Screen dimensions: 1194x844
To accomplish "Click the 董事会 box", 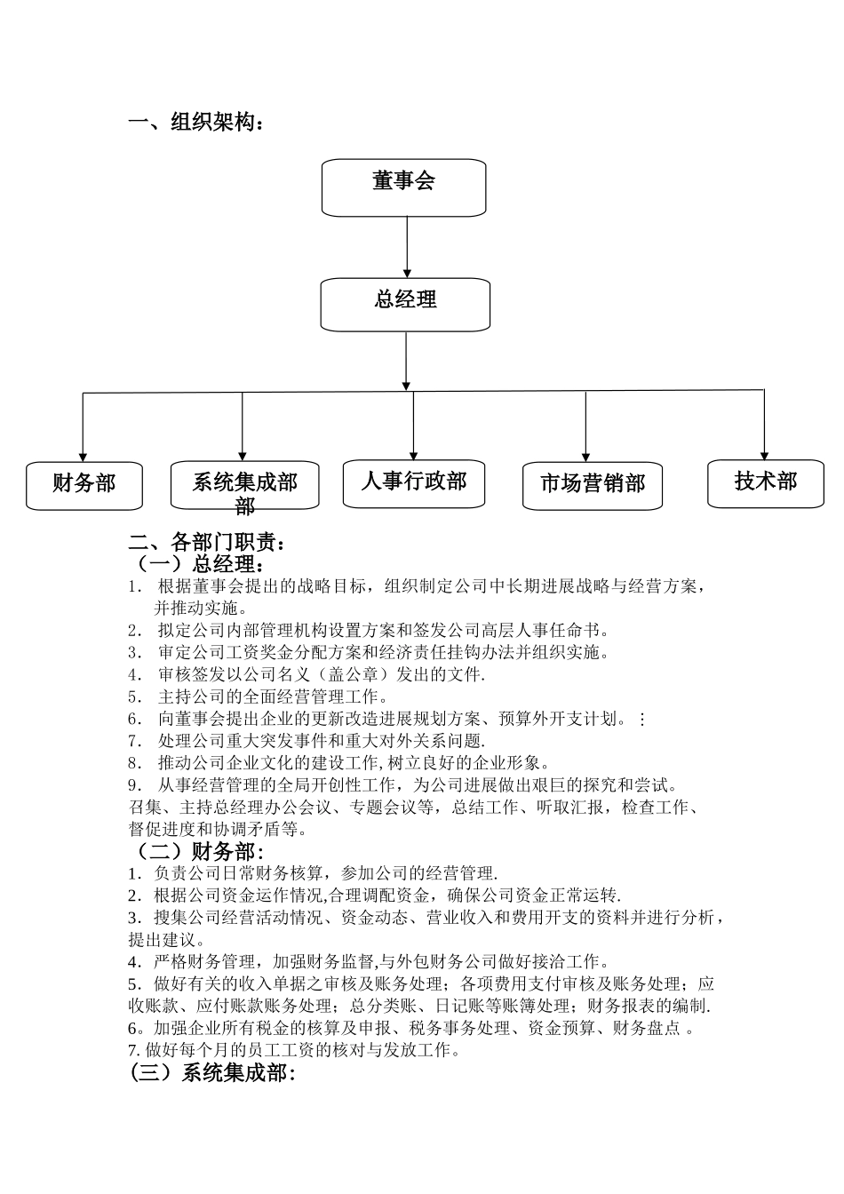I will pyautogui.click(x=403, y=187).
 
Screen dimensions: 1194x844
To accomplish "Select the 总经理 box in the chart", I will pyautogui.click(x=405, y=304).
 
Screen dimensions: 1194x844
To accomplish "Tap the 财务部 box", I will pyautogui.click(x=84, y=485).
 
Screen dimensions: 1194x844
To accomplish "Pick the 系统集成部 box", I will pyautogui.click(x=244, y=485).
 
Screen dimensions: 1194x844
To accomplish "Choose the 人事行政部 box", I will pyautogui.click(x=414, y=483).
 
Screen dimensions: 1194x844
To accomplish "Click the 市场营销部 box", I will pyautogui.click(x=593, y=485).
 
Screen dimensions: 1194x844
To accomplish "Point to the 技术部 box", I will pyautogui.click(x=766, y=482).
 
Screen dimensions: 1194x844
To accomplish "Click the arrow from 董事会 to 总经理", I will pyautogui.click(x=407, y=247).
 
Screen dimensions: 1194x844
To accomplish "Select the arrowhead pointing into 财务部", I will pyautogui.click(x=83, y=455).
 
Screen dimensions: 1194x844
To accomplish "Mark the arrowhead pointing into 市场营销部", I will pyautogui.click(x=585, y=456).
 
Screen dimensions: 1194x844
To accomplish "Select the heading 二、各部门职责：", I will pyautogui.click(x=208, y=542).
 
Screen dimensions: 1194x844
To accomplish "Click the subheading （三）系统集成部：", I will pyautogui.click(x=212, y=1073).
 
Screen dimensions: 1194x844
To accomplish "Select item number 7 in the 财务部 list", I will pyautogui.click(x=133, y=1050).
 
